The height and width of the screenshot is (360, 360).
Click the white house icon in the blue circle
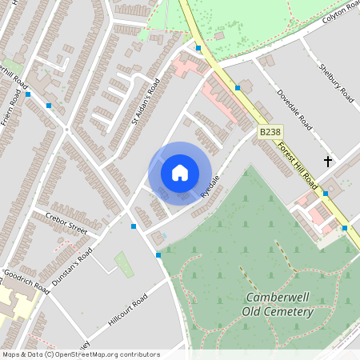click(x=180, y=172)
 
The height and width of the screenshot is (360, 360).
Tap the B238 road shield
click(x=269, y=132)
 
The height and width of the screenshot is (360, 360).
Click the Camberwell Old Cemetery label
click(x=278, y=304)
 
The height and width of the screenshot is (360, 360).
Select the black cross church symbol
click(x=327, y=162)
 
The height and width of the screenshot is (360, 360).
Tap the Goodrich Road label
click(x=26, y=281)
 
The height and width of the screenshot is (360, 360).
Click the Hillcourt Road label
click(x=128, y=311)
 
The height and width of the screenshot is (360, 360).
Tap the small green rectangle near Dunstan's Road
click(x=124, y=264)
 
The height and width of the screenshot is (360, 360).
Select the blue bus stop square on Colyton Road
click(x=198, y=48)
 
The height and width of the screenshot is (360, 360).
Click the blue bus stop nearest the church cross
click(x=325, y=193)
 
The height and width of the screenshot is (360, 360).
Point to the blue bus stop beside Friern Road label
click(x=28, y=94)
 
